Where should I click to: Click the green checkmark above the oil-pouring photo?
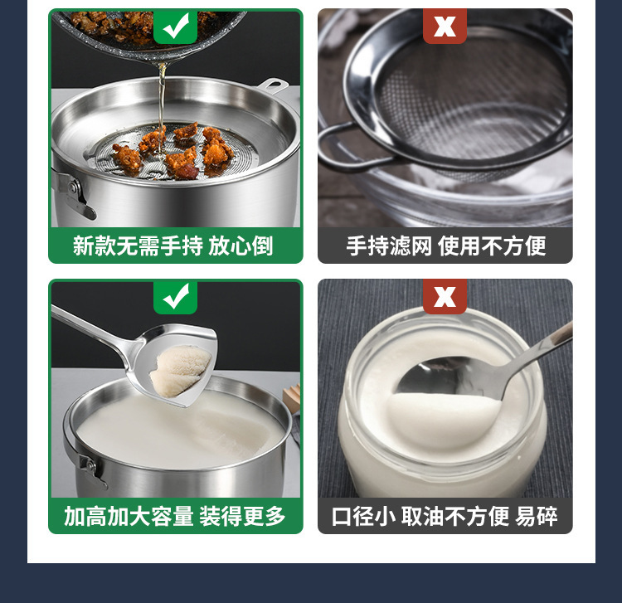point(176,26)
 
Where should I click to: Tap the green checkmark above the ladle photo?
point(176,296)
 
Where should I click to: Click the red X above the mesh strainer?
point(445,26)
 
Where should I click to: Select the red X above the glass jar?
point(445,296)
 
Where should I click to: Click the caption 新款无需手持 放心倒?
point(173,246)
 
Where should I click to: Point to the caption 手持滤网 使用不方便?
point(446,246)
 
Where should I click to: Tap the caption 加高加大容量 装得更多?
point(175,516)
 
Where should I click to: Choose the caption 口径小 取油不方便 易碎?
point(445,516)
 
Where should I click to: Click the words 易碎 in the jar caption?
point(537,516)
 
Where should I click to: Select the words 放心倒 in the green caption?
point(241,246)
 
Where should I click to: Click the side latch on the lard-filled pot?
point(92,470)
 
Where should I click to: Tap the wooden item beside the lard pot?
point(292,398)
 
